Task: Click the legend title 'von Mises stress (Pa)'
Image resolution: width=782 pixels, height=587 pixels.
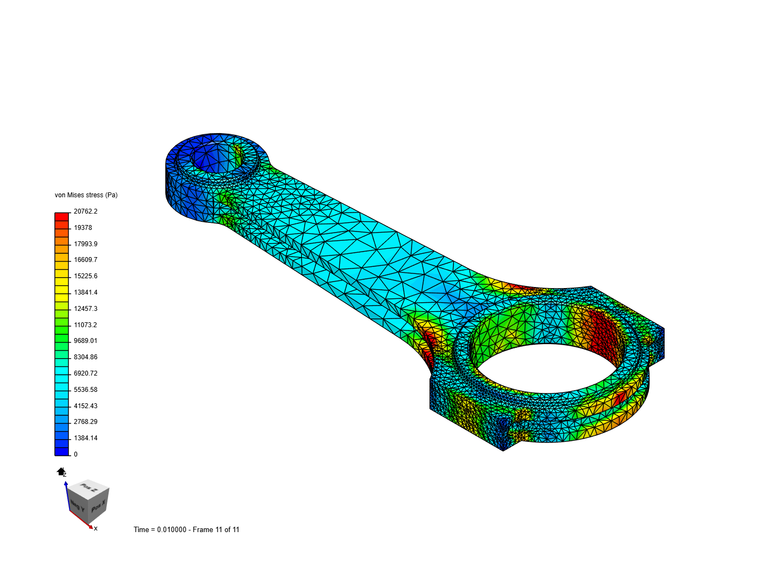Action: coord(86,195)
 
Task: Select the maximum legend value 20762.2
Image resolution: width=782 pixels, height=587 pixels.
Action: coord(86,211)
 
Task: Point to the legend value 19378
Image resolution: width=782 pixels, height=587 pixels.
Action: coord(83,228)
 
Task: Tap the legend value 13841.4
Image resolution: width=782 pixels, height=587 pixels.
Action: coord(86,292)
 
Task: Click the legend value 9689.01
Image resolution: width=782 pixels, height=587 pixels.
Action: coord(86,341)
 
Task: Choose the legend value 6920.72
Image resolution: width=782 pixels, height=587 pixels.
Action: coord(86,373)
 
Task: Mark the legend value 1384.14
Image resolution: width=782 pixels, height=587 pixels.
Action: coord(86,438)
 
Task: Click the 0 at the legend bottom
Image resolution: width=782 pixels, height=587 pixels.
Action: coord(75,454)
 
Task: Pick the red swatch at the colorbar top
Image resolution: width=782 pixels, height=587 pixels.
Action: coord(62,216)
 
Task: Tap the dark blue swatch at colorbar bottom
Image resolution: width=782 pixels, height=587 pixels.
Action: coord(62,451)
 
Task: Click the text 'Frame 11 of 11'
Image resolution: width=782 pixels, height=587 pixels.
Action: coord(216,530)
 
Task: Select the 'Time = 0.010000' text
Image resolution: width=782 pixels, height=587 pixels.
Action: coord(160,530)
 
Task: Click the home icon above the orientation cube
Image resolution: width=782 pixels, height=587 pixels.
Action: coord(61,471)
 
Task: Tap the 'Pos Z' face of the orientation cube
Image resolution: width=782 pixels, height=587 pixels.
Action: coord(89,488)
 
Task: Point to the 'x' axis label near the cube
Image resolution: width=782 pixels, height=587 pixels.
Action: coord(96,528)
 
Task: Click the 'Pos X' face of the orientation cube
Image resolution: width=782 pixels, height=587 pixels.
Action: coord(98,508)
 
